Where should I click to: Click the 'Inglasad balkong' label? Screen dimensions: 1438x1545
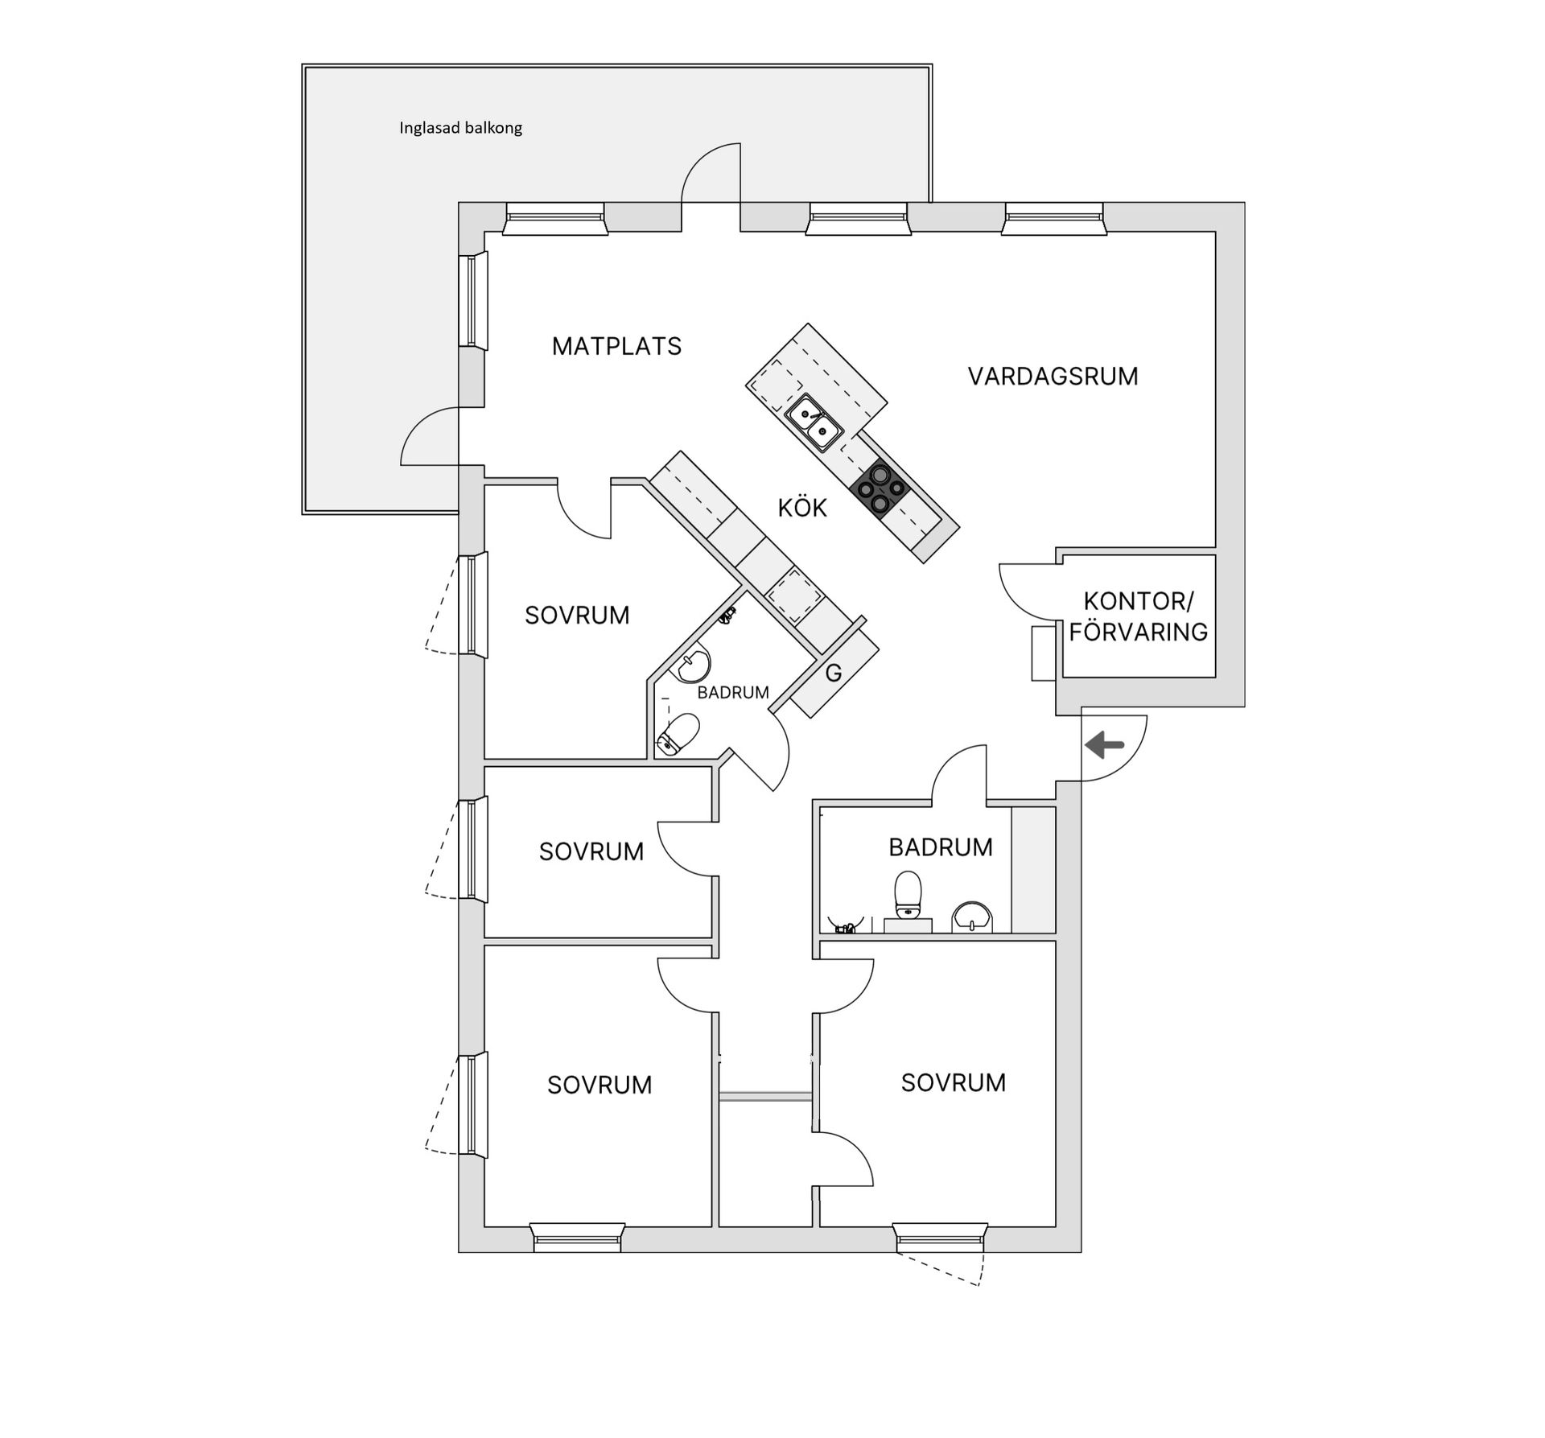coord(460,128)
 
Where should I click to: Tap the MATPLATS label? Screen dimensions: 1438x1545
coord(616,347)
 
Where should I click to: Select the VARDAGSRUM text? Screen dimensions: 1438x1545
coord(1053,377)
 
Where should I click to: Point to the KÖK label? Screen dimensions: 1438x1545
coord(801,509)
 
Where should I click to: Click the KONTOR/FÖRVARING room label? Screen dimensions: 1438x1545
coord(1138,616)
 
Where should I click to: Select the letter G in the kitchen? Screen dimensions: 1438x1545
coord(834,673)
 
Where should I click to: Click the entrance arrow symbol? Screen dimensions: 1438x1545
coord(1104,746)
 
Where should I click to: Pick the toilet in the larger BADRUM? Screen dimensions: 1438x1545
coord(908,895)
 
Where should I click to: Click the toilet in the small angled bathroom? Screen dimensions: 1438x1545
coord(678,735)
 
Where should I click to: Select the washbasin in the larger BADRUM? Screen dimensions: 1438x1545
coord(972,916)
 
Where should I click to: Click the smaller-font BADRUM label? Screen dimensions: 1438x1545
coord(732,693)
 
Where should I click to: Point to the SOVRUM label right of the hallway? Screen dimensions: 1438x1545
coord(953,1083)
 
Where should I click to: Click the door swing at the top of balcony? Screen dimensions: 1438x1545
coord(710,172)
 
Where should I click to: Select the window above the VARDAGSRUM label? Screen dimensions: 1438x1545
coord(1053,218)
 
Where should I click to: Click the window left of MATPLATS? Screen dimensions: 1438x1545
coord(472,301)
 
